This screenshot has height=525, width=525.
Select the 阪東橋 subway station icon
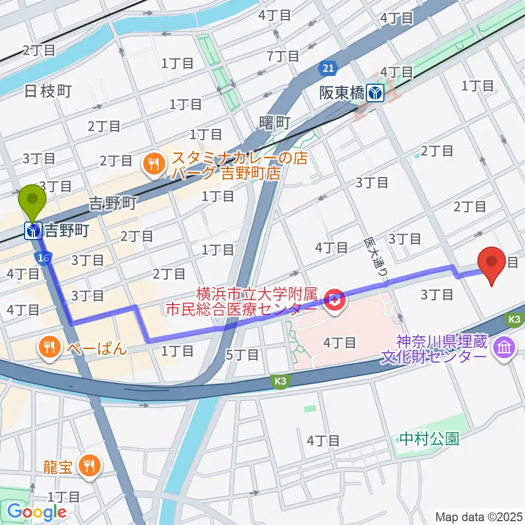pos(376,93)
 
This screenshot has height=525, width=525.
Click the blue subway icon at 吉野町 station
pos(33,231)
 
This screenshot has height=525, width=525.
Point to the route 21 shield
pos(326,69)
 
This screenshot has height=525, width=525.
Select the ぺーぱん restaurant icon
pos(49,348)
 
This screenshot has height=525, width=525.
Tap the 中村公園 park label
pos(429,439)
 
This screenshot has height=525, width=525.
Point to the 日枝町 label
pos(48,91)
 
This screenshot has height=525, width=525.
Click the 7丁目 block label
pos(284,55)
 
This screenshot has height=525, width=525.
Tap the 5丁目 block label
pos(242,354)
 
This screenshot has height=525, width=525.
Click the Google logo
pos(37,512)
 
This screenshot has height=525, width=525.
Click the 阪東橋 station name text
pos(342,93)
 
